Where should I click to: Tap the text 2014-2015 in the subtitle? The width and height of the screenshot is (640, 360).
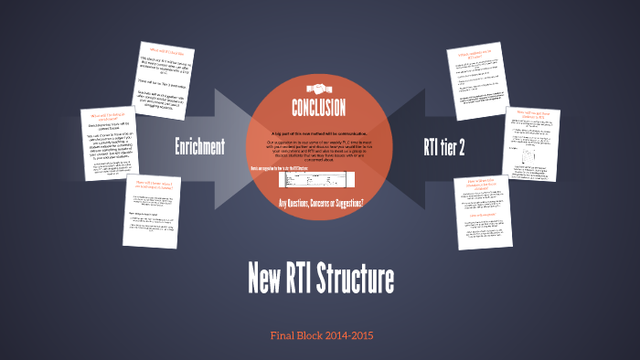click(344, 336)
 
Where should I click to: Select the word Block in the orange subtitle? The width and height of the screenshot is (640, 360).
click(311, 336)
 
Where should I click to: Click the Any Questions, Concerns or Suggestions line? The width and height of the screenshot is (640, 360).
click(320, 202)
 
